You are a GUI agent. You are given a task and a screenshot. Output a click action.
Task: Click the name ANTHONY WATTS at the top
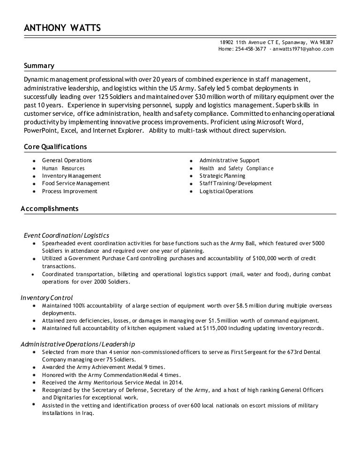tap(62, 29)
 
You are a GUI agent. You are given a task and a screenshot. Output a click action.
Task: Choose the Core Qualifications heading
tap(55, 147)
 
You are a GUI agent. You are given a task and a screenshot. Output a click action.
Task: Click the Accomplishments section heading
tap(50, 209)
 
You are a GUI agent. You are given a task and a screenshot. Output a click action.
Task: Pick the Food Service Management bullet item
tap(75, 183)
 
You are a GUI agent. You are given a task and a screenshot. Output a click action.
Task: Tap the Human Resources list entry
tap(63, 168)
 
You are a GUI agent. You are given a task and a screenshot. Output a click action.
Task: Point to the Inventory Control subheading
tap(47, 297)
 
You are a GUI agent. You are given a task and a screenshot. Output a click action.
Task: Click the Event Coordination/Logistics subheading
tap(67, 235)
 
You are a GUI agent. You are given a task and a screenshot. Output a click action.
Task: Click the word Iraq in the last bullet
tap(87, 413)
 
